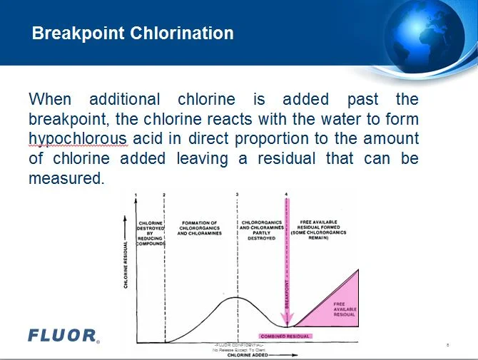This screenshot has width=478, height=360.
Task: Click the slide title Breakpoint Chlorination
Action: point(133,34)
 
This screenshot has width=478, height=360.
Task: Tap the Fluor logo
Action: point(63,334)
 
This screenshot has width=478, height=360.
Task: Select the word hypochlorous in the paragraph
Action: point(78,138)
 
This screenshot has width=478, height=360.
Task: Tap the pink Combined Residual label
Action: point(285,336)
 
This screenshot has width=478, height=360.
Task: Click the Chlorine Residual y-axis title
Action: point(126,264)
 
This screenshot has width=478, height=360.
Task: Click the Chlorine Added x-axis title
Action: point(248,355)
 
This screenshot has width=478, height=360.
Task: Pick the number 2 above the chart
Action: point(164,195)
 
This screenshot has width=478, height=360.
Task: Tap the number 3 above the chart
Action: point(237,195)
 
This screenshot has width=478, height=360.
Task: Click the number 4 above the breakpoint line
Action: point(287,195)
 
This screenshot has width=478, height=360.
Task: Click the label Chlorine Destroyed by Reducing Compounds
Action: point(151,233)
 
